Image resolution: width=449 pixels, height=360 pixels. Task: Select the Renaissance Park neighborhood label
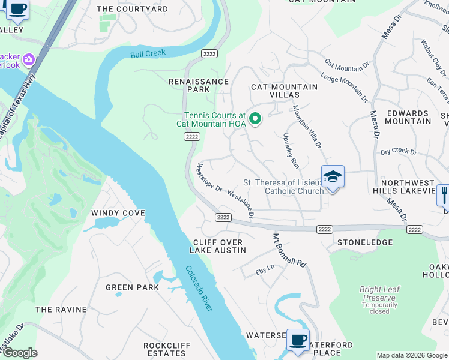click(x=198, y=85)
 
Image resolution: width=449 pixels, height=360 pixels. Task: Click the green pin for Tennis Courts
click(x=255, y=119)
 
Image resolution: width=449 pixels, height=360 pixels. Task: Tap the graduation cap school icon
click(x=333, y=177)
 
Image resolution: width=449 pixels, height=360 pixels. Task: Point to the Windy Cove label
click(x=118, y=213)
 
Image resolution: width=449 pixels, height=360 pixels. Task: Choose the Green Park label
click(x=132, y=287)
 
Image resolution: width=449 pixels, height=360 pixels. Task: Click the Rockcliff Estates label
click(x=167, y=350)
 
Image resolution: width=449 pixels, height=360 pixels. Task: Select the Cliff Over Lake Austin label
click(x=217, y=246)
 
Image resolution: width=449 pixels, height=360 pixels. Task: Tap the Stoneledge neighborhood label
click(x=365, y=242)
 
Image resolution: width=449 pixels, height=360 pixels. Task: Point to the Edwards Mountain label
click(x=408, y=117)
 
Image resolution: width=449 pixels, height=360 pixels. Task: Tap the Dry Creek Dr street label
click(x=399, y=152)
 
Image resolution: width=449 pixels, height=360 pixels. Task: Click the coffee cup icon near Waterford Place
click(x=298, y=340)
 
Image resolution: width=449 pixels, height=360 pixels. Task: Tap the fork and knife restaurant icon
click(x=444, y=194)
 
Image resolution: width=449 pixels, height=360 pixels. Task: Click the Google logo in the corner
click(x=20, y=353)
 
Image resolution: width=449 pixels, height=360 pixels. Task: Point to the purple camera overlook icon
click(x=29, y=59)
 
